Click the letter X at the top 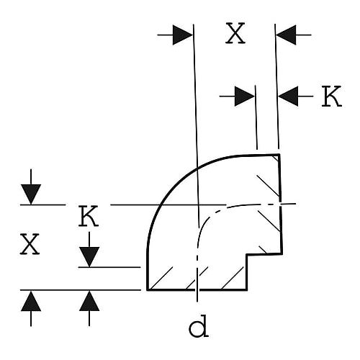[x=235, y=33]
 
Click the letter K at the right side [x=332, y=96]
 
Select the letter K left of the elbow [x=89, y=216]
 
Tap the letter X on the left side [x=30, y=244]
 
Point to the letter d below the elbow [x=199, y=326]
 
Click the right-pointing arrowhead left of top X [x=183, y=35]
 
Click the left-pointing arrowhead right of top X [x=286, y=35]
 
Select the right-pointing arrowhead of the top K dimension [x=245, y=96]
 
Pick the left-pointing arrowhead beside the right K [x=288, y=96]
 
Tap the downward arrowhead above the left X [x=31, y=194]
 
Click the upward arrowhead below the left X [x=31, y=301]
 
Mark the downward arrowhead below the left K [x=89, y=257]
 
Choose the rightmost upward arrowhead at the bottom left [x=89, y=301]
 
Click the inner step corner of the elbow [x=247, y=255]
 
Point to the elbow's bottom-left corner [x=148, y=289]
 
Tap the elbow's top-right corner [x=279, y=155]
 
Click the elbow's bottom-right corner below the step [x=247, y=289]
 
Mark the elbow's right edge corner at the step [x=282, y=253]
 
